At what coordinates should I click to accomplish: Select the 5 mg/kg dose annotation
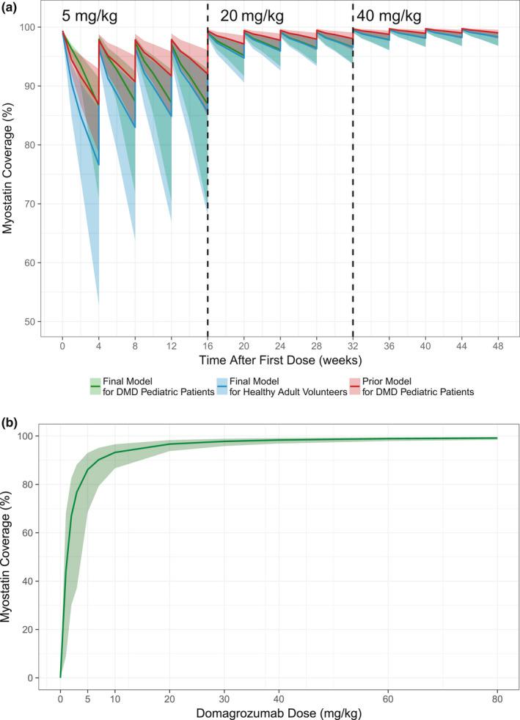coord(89,15)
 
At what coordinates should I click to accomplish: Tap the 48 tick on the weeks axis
coord(498,343)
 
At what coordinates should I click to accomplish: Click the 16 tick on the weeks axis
coord(208,343)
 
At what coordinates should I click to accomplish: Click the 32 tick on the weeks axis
coord(353,343)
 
